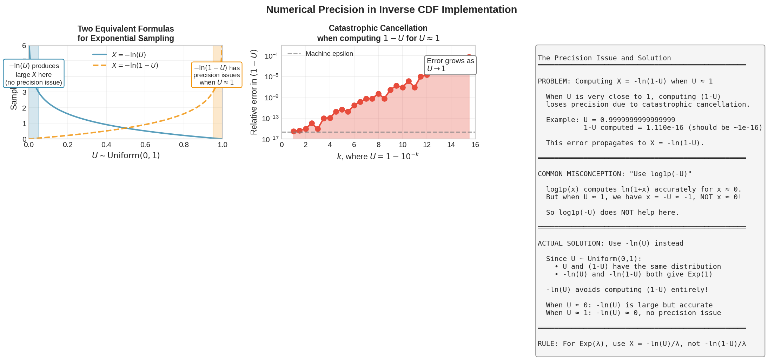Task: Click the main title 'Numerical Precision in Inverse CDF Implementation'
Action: [x=391, y=9]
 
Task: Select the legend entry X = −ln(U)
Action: [x=119, y=55]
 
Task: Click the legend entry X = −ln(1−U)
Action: [x=125, y=66]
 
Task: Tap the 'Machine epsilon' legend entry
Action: [x=320, y=54]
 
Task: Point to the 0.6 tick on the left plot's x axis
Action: [x=145, y=145]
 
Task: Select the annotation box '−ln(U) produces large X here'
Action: [x=34, y=74]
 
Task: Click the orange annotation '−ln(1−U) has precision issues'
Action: [x=217, y=75]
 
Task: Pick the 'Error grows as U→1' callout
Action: [x=450, y=65]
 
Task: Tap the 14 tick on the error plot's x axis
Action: [x=451, y=145]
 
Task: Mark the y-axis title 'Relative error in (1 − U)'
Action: [x=253, y=92]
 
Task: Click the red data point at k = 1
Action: [x=294, y=132]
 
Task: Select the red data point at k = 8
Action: [x=378, y=94]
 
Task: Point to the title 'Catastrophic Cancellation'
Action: [x=378, y=28]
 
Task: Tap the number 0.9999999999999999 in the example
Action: [x=637, y=120]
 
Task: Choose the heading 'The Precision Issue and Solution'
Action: [x=604, y=58]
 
